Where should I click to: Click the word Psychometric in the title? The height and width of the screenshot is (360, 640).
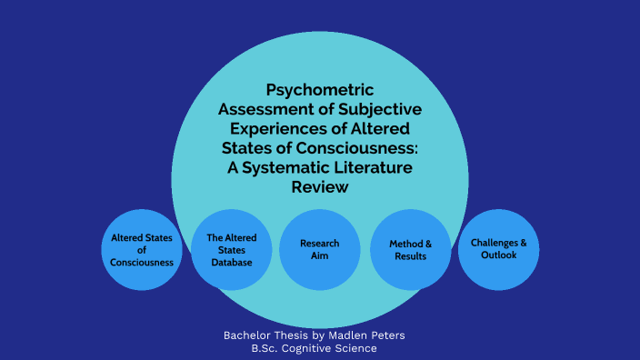[320, 90]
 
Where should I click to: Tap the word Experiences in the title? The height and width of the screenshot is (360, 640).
[275, 128]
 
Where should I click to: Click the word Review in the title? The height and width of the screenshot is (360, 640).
[320, 186]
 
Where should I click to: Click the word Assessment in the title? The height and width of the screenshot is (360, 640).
[259, 109]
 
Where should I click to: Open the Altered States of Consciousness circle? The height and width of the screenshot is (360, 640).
[141, 249]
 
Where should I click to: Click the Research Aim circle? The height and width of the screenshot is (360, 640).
[320, 249]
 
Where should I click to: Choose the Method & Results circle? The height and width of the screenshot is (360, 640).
[410, 249]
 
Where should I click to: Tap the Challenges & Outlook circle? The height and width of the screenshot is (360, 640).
[498, 249]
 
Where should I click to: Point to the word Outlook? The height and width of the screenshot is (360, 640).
[499, 255]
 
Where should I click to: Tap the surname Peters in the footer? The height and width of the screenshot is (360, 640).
[385, 335]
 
